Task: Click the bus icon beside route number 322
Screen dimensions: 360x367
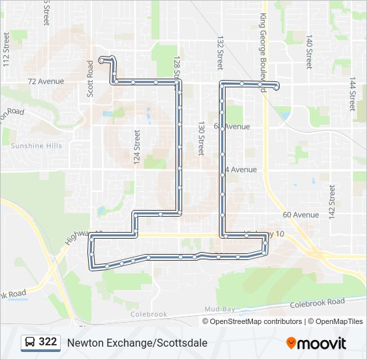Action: click(x=29, y=342)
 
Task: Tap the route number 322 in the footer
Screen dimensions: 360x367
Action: click(x=48, y=342)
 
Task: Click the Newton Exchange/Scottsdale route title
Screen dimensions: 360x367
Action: click(x=137, y=343)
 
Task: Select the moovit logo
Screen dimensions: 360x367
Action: click(x=316, y=343)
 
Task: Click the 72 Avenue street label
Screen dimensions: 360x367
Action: click(x=45, y=81)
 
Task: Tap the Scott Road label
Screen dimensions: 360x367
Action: click(x=91, y=79)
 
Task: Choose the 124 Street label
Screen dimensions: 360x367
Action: click(x=137, y=147)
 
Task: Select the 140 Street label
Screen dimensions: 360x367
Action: click(x=308, y=52)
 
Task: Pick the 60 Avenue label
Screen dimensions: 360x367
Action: click(x=301, y=215)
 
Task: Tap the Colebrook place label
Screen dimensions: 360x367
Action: click(x=148, y=314)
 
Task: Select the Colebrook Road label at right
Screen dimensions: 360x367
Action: click(x=317, y=303)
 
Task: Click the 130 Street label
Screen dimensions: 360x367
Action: click(x=200, y=138)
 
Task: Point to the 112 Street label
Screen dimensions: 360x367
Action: click(x=6, y=51)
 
